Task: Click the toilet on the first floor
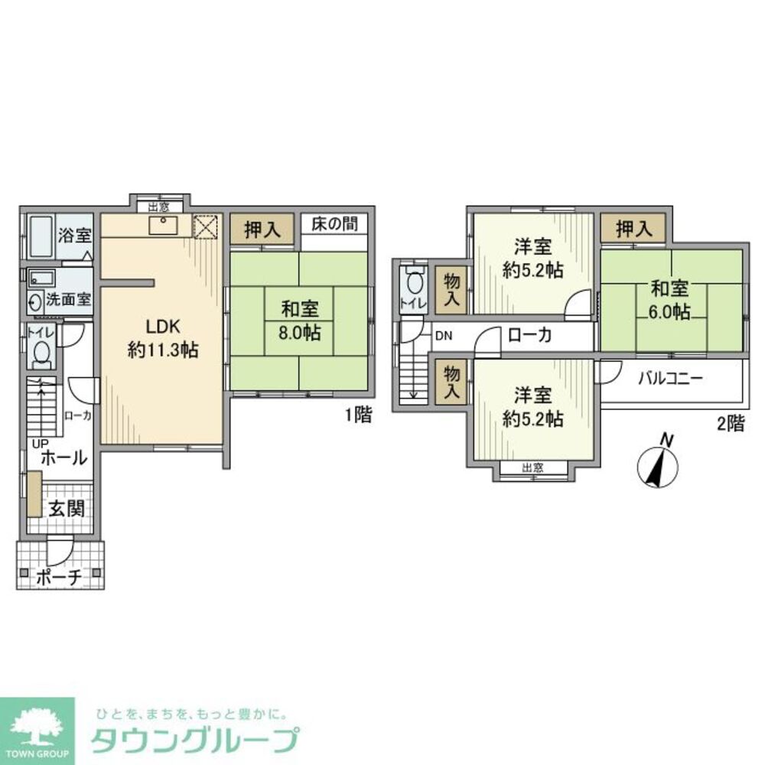[41, 353]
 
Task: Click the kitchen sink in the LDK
[162, 225]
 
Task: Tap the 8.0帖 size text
[300, 333]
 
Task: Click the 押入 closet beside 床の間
[262, 229]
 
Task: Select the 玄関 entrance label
[67, 509]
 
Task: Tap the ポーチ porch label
[58, 578]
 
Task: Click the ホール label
[63, 458]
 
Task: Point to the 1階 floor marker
[358, 416]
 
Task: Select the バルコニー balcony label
[670, 378]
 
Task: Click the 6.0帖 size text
[670, 312]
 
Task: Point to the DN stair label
[443, 335]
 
